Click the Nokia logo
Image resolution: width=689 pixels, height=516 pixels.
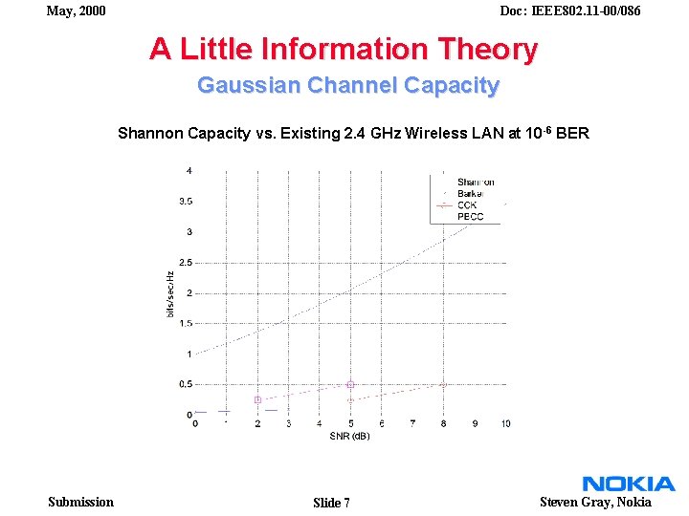(x=629, y=484)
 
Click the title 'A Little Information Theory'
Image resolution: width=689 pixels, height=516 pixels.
(x=344, y=49)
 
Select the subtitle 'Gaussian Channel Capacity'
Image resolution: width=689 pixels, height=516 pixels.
(x=348, y=85)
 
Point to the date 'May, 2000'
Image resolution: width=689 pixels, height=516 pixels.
(x=76, y=11)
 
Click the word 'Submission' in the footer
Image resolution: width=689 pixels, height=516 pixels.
(x=80, y=502)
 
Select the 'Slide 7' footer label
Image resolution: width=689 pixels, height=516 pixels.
(x=331, y=503)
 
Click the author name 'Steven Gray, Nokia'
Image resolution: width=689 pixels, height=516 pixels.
(x=595, y=502)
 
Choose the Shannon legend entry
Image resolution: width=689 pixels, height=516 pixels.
(x=475, y=182)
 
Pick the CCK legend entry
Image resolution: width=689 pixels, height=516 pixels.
(x=467, y=204)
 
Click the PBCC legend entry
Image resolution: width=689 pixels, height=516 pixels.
(x=470, y=216)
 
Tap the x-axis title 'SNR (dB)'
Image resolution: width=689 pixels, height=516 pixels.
(x=349, y=436)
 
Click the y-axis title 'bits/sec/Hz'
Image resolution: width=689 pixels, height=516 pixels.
(x=170, y=293)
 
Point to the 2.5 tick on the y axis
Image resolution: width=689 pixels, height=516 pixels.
(x=185, y=262)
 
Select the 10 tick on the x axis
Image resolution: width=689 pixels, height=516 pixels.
(x=505, y=423)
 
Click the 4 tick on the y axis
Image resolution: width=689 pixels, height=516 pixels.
(x=189, y=171)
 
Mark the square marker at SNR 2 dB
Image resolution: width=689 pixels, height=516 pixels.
(x=257, y=399)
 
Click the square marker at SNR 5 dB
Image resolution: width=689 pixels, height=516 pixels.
(x=350, y=384)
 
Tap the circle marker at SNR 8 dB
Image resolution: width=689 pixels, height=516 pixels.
(x=443, y=384)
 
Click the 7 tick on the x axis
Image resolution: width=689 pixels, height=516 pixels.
(x=412, y=423)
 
